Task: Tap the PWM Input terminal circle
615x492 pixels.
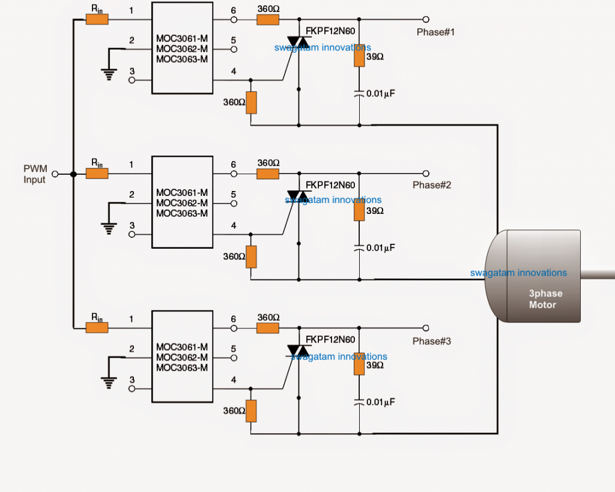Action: click(55, 174)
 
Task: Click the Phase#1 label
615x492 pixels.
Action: click(435, 32)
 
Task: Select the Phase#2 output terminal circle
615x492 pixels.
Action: click(426, 174)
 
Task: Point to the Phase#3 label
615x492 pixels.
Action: click(431, 341)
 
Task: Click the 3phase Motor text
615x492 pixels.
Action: click(542, 299)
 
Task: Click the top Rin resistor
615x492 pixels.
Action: click(97, 20)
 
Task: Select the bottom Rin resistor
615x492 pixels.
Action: click(97, 327)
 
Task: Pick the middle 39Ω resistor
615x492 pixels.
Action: click(359, 211)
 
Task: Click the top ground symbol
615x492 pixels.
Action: click(109, 73)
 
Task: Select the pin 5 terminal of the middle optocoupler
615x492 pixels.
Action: click(234, 203)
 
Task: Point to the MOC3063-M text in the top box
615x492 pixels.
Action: click(182, 59)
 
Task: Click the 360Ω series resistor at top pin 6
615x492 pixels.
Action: click(268, 20)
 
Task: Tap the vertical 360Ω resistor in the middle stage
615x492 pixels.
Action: click(251, 257)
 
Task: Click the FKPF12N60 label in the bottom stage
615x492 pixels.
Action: click(330, 339)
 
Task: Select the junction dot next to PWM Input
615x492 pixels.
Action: click(73, 174)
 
